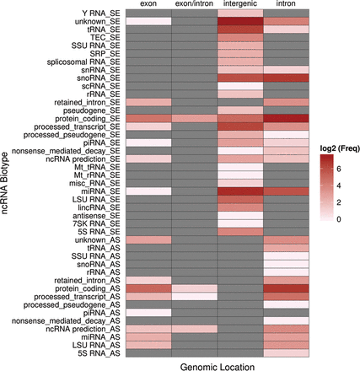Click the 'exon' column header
point(148,3)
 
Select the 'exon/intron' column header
point(194,3)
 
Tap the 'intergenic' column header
point(240,3)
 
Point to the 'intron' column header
point(286,3)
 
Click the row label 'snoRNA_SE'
point(99,78)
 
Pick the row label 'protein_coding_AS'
point(88,288)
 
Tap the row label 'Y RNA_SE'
point(101,13)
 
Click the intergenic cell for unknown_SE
point(240,21)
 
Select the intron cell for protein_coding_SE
point(286,118)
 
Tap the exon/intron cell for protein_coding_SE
point(195,118)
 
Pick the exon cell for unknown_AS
point(148,240)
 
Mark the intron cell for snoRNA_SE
point(286,78)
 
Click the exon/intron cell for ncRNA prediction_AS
point(195,329)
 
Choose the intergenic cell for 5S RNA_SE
point(240,232)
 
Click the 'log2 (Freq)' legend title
point(340,149)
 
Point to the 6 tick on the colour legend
point(338,169)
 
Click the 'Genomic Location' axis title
point(218,367)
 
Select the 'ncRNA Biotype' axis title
point(5,183)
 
